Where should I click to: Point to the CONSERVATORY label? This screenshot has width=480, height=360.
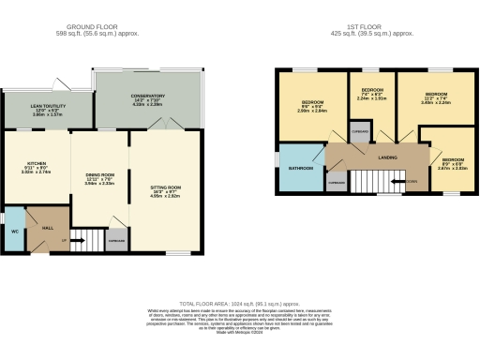148,96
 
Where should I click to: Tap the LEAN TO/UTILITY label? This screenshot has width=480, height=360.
46,109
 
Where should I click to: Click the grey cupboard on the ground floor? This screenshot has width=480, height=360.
116,241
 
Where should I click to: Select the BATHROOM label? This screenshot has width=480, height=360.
300,168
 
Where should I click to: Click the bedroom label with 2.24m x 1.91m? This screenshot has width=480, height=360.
372,93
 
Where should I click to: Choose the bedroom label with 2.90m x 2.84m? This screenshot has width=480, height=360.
313,101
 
